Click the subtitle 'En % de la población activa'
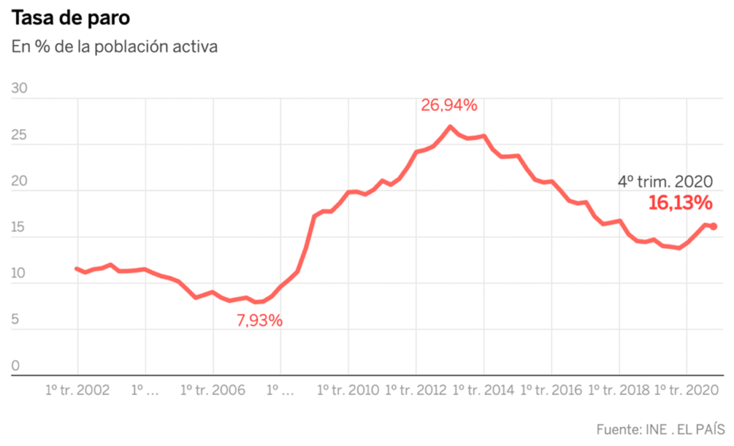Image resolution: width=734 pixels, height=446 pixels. (x=115, y=47)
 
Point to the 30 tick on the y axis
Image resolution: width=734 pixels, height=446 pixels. (x=19, y=89)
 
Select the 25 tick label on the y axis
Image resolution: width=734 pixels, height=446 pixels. (x=19, y=135)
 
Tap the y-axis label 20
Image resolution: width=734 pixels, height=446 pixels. (x=19, y=181)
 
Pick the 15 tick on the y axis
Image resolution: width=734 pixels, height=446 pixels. (x=19, y=228)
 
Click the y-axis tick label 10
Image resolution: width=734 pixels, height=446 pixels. (x=19, y=274)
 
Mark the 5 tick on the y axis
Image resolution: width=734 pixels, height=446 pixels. (x=16, y=321)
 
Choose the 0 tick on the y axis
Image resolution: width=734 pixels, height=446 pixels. (x=16, y=366)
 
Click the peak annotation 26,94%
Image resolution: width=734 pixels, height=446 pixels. (x=449, y=105)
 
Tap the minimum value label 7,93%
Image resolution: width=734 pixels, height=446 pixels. (x=259, y=321)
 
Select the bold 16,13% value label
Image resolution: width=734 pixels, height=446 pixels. (x=680, y=203)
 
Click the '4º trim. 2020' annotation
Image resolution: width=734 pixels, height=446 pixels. (x=665, y=182)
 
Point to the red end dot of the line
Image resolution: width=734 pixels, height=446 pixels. (x=713, y=227)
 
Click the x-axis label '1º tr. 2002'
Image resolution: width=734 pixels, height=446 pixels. (x=77, y=390)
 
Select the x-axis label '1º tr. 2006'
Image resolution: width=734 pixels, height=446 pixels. (x=213, y=390)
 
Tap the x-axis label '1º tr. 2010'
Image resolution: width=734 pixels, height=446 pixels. (x=348, y=390)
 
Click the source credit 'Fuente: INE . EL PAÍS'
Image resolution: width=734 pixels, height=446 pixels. (x=660, y=430)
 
